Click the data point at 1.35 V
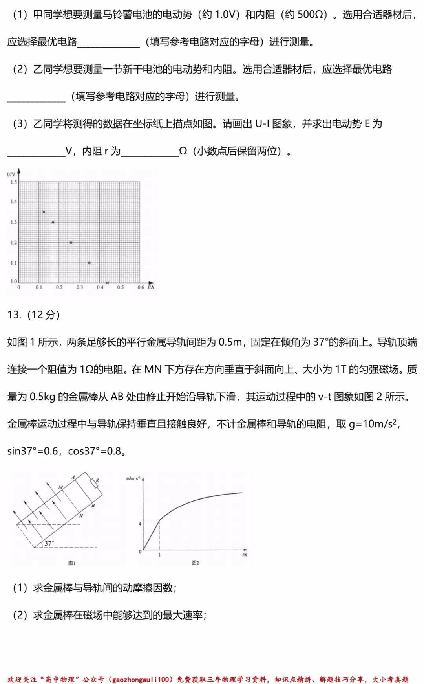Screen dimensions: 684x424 click(44, 212)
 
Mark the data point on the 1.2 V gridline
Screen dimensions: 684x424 click(71, 243)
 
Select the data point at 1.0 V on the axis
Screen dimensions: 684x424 click(107, 283)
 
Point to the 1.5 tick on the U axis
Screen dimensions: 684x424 click(14, 182)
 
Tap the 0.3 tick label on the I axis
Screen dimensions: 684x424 click(80, 288)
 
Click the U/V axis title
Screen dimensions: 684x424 click(11, 174)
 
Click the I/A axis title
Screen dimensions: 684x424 click(151, 287)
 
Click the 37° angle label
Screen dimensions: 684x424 click(49, 543)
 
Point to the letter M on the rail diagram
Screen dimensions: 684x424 click(60, 487)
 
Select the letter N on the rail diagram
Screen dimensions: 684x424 click(81, 515)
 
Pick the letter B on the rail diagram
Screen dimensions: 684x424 click(93, 506)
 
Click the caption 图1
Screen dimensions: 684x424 click(71, 563)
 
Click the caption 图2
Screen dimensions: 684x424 click(195, 563)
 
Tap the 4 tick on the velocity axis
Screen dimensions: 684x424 click(140, 524)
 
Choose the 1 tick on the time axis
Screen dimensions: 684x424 click(159, 555)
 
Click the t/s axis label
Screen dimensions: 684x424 click(245, 554)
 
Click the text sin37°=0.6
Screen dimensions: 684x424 click(33, 451)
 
